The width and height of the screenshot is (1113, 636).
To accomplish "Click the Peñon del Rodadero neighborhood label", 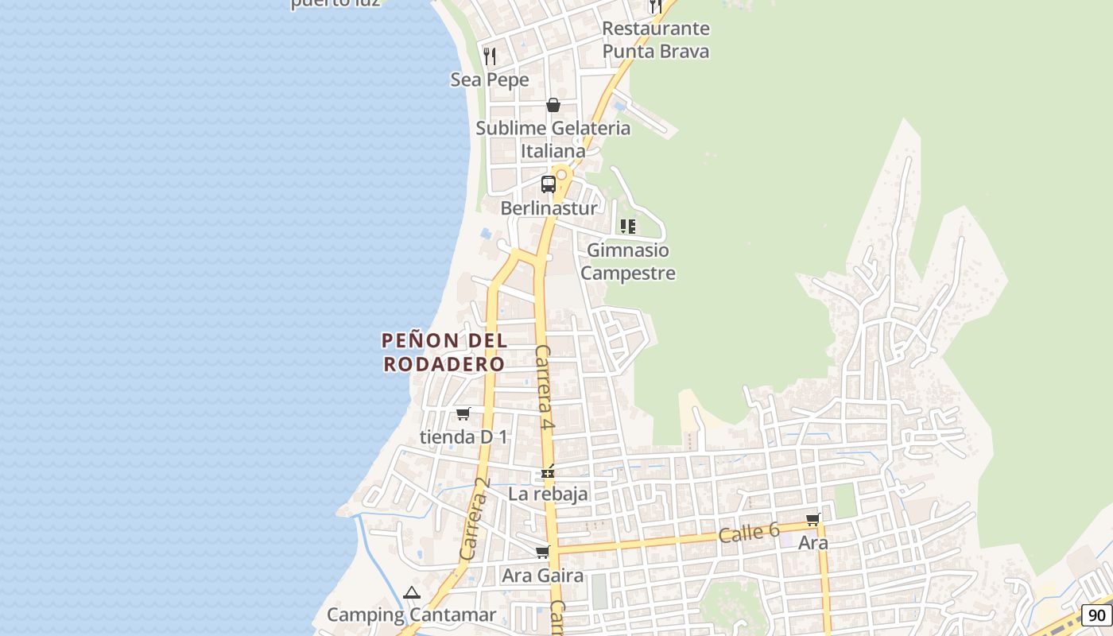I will point(444,352).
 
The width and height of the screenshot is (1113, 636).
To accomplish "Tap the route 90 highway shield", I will point(1097,615).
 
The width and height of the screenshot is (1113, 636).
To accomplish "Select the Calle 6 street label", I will point(748,533).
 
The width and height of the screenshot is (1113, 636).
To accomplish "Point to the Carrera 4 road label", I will point(545,388).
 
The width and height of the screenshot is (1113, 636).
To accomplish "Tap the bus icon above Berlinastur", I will point(548,184).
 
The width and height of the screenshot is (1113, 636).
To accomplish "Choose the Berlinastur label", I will point(549,208).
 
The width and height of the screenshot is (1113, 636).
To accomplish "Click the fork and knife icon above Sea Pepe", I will point(490,56).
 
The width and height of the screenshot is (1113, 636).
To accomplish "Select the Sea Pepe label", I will point(490,79).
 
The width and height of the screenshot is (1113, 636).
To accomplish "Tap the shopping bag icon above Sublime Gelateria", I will point(553,105).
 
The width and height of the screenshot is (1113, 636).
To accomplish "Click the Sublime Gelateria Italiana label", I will point(553,139).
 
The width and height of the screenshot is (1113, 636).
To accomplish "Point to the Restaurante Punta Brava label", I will point(656,40).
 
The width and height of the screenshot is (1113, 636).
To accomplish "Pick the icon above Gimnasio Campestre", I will point(628,227).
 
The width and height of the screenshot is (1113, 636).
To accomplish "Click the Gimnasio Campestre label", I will point(628,262).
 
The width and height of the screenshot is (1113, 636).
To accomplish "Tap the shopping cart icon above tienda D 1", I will point(463,413).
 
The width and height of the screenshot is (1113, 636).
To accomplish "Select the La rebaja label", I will point(549,494).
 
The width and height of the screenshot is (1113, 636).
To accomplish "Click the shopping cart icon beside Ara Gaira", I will point(542,552).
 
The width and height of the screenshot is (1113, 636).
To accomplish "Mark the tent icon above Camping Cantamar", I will point(411,592).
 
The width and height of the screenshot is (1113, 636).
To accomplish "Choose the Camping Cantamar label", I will point(411,615).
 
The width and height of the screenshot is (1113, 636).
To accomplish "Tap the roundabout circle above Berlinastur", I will point(561,174).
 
